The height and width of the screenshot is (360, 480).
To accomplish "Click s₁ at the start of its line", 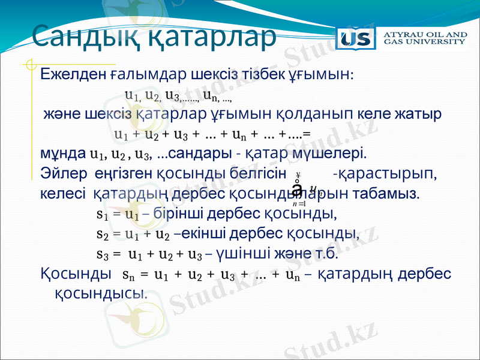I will coord(103,214).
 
